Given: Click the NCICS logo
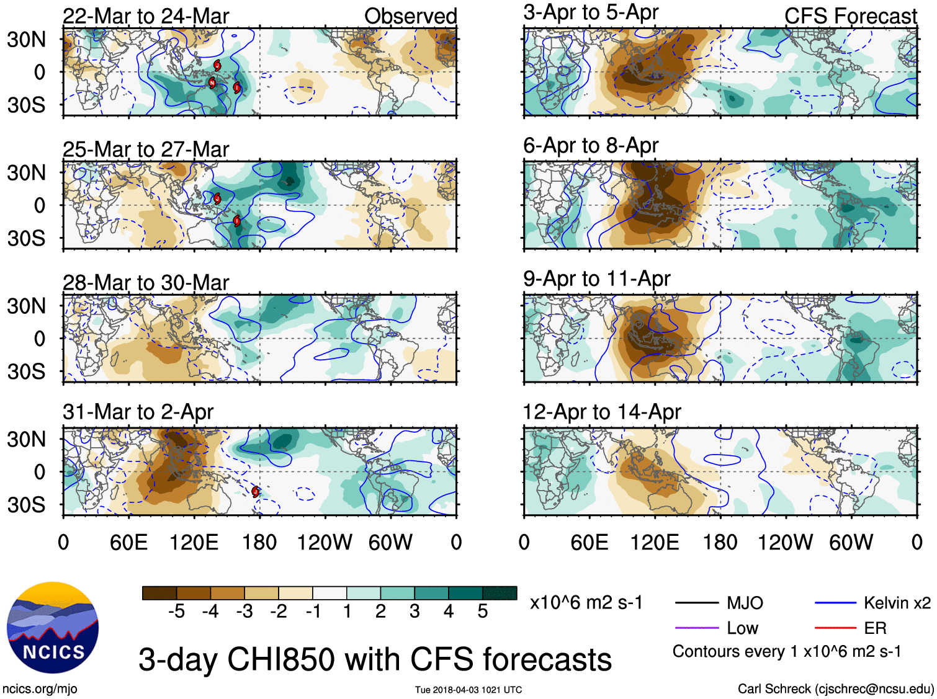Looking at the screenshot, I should coord(52,628).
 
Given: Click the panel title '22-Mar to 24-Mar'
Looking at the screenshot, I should coord(146,16).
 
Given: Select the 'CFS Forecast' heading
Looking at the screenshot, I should coord(850,16).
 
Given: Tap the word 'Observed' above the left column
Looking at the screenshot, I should coord(410,16).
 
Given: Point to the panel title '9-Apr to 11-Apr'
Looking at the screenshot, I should coord(596,278).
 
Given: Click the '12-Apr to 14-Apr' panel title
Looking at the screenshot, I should coord(602,412).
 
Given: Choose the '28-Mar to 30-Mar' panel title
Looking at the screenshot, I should coord(146,283).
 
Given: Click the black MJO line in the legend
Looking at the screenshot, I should coord(696,603).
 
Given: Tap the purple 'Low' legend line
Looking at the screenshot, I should coord(696,628).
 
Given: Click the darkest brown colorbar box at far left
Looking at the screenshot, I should coord(159,593).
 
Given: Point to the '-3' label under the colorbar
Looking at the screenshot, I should coord(244,612).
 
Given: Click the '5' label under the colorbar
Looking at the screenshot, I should coord(482,612).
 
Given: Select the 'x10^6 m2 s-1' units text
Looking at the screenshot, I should coord(586,603).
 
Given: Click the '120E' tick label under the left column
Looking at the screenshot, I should coord(194,543).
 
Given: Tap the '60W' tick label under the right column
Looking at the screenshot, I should coord(851,543).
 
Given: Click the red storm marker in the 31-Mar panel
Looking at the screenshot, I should coord(256,492).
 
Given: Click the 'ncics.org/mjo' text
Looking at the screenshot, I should coord(40,688).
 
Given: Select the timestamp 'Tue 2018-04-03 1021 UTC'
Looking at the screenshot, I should coord(468,690).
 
